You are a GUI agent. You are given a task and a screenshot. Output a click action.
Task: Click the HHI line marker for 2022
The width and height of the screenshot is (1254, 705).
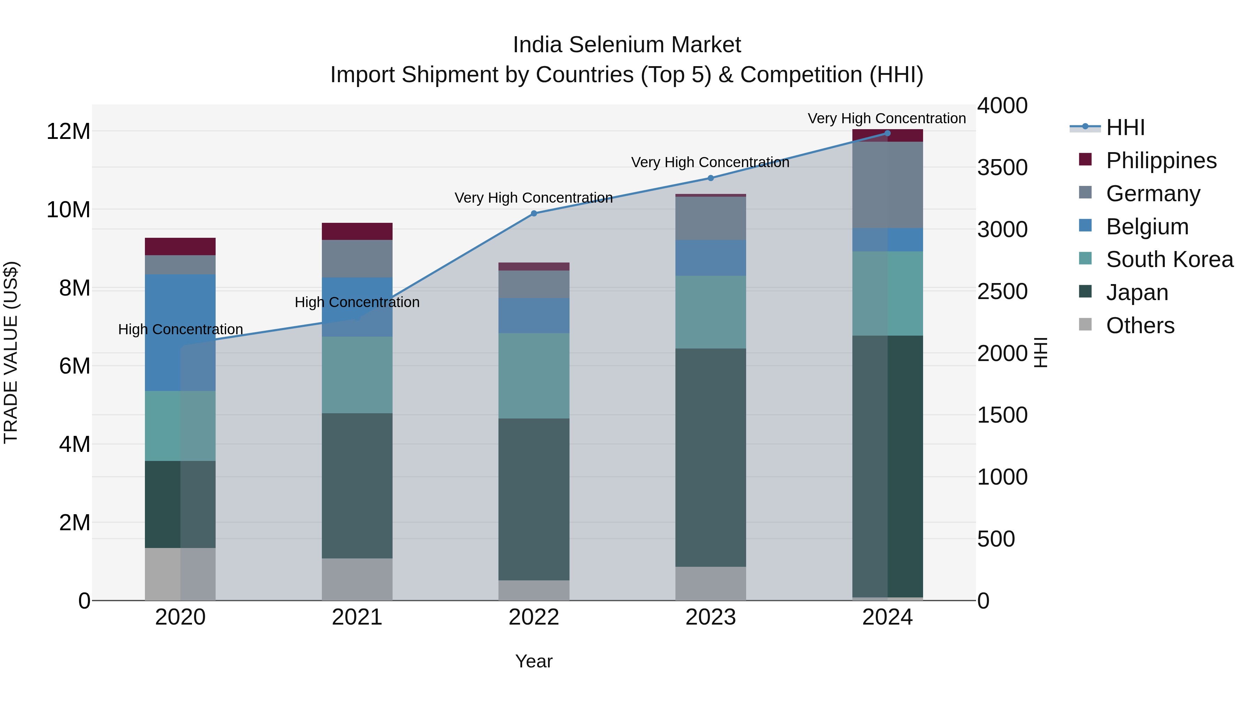(x=534, y=213)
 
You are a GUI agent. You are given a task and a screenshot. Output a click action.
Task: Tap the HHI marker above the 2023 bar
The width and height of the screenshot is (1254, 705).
(x=710, y=178)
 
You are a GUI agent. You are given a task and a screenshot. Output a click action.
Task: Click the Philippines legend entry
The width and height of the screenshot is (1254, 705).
(x=1161, y=160)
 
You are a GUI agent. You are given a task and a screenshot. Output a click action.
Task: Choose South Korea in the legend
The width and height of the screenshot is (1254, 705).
(x=1169, y=259)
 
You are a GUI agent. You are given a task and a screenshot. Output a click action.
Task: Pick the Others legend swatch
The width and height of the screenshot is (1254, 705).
(x=1085, y=324)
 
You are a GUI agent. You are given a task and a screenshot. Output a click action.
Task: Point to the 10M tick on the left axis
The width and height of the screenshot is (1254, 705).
(x=68, y=210)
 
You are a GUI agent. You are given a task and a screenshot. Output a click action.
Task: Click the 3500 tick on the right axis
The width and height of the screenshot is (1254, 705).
(x=1002, y=167)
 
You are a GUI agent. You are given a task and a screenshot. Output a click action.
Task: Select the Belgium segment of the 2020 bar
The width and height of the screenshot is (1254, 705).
(x=180, y=332)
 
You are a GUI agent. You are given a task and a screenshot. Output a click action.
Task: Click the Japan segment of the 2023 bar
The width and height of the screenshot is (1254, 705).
(x=710, y=457)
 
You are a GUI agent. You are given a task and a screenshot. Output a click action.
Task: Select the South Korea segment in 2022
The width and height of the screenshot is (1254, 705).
(x=534, y=376)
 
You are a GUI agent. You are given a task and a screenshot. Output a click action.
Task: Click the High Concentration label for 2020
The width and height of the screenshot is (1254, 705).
(x=180, y=329)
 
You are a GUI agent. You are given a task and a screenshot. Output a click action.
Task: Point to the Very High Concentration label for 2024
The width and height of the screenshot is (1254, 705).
(x=887, y=118)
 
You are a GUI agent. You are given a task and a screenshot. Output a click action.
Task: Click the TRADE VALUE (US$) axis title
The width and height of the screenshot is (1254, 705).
(x=11, y=352)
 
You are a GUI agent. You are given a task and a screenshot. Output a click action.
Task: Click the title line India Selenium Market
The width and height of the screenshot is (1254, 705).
(x=627, y=45)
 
